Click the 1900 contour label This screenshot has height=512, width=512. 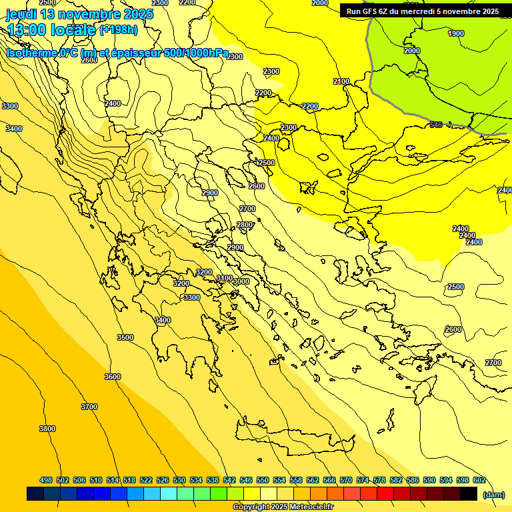456,33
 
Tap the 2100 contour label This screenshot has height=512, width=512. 341,81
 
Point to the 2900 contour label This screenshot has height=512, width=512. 209,193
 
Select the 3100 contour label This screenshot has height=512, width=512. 224,278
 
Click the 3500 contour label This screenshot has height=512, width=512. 125,337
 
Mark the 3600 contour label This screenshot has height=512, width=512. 113,377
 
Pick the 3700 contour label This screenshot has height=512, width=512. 89,407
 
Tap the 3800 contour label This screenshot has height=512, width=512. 47,429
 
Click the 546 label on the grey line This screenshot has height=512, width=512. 436,125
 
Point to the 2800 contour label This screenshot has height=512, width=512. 245,225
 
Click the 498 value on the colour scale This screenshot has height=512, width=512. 46,480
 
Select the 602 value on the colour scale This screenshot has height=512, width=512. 479,480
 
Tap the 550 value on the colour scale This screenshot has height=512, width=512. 263,480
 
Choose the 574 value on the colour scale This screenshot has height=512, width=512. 363,480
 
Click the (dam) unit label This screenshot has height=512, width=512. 493,495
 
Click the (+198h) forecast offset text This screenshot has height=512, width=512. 119,29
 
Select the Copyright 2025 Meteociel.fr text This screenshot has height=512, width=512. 283,507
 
